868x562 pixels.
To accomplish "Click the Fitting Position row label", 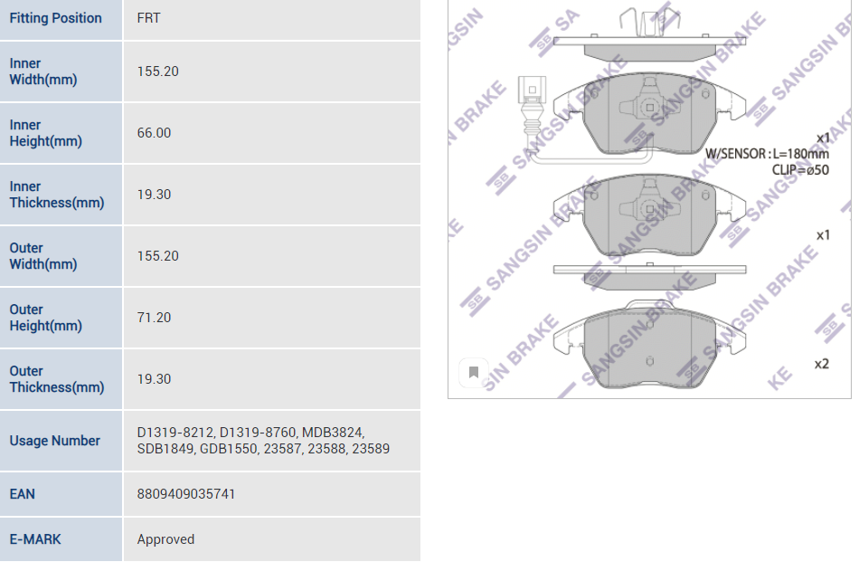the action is [55, 18].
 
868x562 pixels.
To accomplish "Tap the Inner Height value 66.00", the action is [154, 133].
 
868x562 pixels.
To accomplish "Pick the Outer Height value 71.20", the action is [154, 318].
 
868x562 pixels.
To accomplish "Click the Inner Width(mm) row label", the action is [43, 71].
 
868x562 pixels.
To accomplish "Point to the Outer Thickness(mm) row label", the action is [56, 379].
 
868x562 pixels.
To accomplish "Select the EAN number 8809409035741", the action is [186, 494].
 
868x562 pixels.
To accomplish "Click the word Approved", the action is [165, 539].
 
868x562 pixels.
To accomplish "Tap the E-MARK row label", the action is [35, 539].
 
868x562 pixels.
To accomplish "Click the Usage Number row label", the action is [55, 441].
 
